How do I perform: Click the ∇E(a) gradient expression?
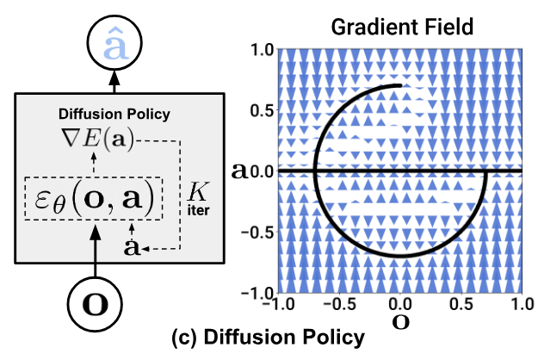click(96, 139)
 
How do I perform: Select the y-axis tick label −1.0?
click(258, 293)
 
